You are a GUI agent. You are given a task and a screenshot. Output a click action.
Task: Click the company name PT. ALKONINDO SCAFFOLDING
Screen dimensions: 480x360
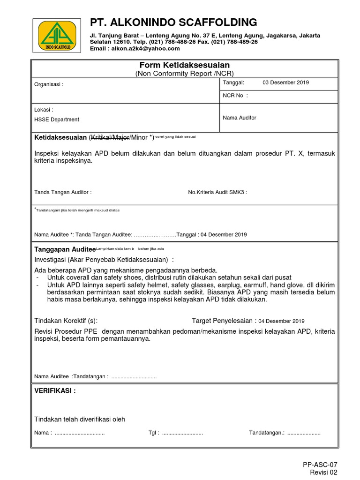pyautogui.click(x=173, y=22)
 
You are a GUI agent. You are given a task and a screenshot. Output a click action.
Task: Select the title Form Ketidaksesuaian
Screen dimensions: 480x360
pyautogui.click(x=184, y=65)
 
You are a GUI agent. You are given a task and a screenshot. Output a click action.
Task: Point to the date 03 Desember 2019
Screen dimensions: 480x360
pyautogui.click(x=285, y=82)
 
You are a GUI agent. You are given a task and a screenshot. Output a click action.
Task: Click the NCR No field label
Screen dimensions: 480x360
pyautogui.click(x=235, y=96)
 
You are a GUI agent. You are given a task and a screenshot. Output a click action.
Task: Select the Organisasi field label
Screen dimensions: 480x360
pyautogui.click(x=49, y=85)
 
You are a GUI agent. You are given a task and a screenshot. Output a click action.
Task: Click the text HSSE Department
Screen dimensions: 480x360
pyautogui.click(x=57, y=120)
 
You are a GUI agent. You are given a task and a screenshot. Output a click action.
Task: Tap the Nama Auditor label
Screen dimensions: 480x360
pyautogui.click(x=239, y=118)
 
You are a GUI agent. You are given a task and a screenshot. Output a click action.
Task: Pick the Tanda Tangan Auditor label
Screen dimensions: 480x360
pyautogui.click(x=63, y=192)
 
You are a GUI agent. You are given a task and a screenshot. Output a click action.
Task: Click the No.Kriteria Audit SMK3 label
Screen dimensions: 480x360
pyautogui.click(x=217, y=192)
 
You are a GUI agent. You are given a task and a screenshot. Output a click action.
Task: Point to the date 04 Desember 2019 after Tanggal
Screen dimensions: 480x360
pyautogui.click(x=224, y=235)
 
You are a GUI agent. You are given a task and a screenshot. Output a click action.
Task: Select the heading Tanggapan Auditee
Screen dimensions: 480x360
pyautogui.click(x=65, y=249)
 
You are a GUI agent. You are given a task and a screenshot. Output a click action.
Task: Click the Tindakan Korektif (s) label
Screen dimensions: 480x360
pyautogui.click(x=66, y=321)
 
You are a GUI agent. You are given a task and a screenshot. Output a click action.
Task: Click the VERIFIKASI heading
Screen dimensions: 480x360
pyautogui.click(x=55, y=391)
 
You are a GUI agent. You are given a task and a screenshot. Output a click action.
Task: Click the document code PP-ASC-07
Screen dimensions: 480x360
pyautogui.click(x=320, y=465)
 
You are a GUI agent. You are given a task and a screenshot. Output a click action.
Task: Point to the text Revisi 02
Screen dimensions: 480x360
pyautogui.click(x=324, y=472)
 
